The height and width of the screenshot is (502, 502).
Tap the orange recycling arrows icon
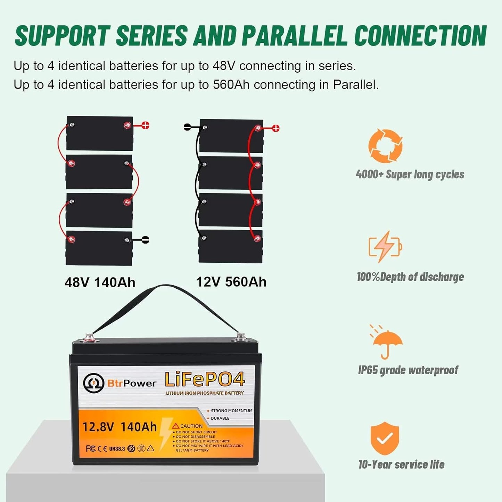[385, 146]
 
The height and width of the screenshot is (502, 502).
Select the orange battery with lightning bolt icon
[385, 246]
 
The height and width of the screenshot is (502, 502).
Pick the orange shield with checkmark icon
[385, 438]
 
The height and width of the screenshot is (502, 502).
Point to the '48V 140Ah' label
[100, 282]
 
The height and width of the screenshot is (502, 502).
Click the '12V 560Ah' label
[231, 282]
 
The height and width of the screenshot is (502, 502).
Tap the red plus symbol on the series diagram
[145, 125]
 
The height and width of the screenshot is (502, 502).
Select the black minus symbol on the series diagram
[145, 240]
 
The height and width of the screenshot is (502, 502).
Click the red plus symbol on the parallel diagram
[275, 128]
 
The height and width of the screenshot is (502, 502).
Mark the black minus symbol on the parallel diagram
[187, 127]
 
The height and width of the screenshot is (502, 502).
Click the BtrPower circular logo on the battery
[93, 383]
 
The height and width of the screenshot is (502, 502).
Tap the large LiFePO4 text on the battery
[205, 379]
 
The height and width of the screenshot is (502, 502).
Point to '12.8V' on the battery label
[98, 427]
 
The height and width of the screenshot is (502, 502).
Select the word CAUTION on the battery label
[191, 426]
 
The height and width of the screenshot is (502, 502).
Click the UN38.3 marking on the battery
[117, 448]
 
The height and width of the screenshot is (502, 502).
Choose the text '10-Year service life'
[401, 464]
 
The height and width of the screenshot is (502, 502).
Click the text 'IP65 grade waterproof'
[408, 370]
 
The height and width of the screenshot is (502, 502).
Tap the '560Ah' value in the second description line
[231, 85]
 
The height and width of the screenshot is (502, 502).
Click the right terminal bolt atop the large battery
[240, 336]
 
